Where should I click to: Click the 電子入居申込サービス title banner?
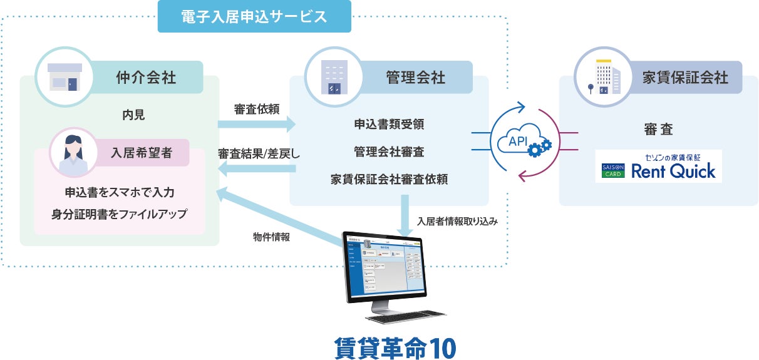tap(254, 16)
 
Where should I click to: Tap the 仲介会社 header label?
tap(146, 77)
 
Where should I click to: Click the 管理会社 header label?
tap(415, 77)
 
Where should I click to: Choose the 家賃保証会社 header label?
tap(685, 77)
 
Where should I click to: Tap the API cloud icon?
tap(522, 143)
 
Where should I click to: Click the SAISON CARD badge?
tap(611, 170)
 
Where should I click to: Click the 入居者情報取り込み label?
tap(457, 221)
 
